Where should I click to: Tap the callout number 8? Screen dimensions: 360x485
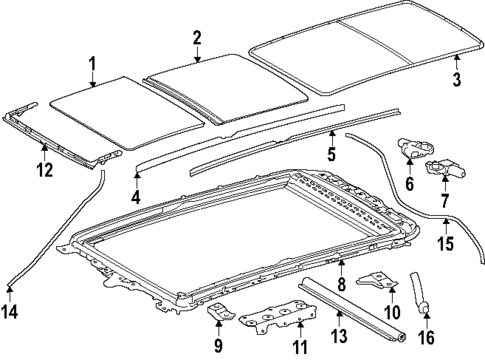[x=342, y=286]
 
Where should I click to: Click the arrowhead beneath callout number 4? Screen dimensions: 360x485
[x=136, y=173]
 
